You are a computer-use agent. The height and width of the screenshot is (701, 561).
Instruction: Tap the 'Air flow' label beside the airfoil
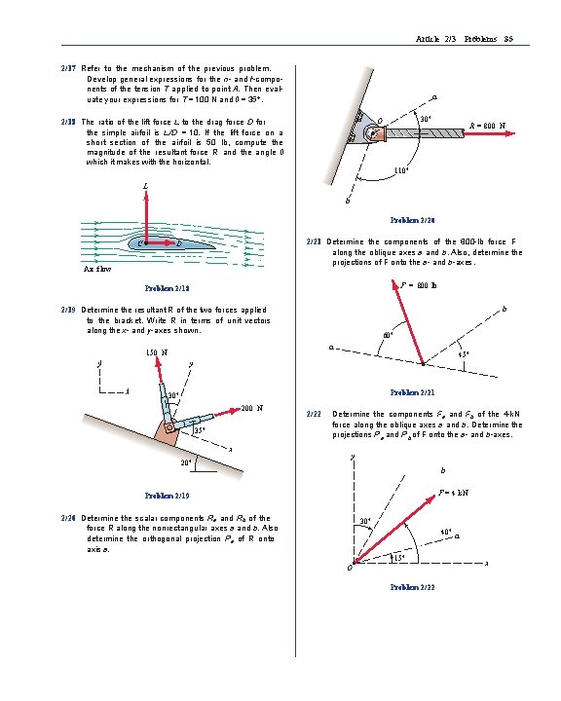(97, 269)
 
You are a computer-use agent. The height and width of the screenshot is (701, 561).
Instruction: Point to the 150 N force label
(155, 351)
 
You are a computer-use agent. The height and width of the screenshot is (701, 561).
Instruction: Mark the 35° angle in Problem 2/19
(200, 429)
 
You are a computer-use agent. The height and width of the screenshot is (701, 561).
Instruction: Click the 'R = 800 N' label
(493, 126)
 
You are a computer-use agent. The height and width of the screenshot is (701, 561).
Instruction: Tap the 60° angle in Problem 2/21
(388, 337)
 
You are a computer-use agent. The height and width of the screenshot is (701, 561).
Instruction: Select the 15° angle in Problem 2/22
(397, 558)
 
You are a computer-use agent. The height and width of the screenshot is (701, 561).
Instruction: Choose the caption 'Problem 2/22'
(412, 587)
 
